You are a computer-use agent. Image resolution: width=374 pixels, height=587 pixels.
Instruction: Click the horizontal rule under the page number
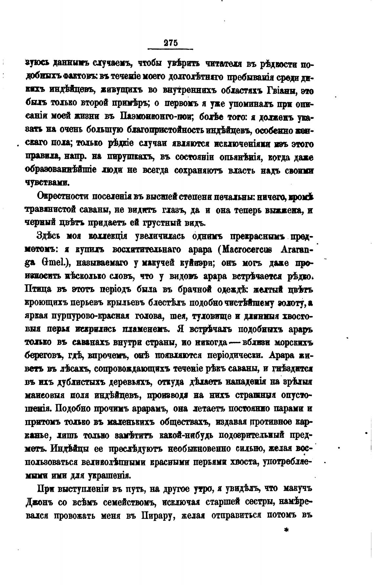(x=170, y=49)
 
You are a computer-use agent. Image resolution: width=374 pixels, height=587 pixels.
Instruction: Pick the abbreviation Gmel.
(x=46, y=263)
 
